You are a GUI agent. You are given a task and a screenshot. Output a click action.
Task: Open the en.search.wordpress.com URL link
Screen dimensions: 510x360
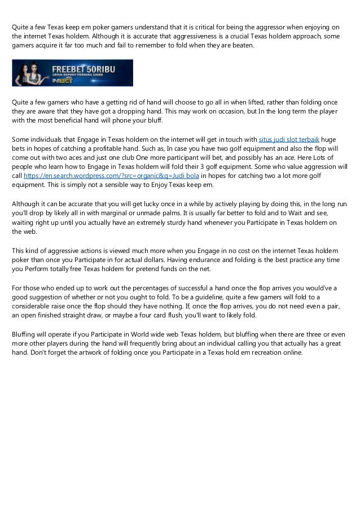point(111,176)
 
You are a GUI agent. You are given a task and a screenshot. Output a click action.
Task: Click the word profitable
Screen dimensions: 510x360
point(108,149)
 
